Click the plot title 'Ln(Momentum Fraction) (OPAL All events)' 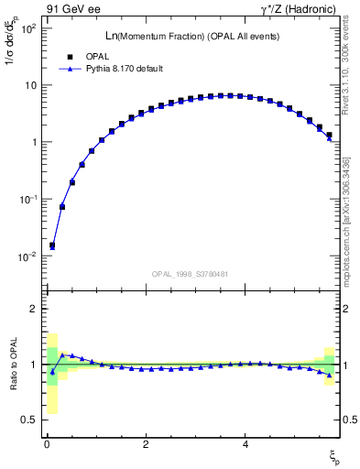(x=191, y=36)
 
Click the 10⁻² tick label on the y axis (x=26, y=256)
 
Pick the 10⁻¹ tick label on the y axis (x=26, y=200)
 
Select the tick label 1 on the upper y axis (x=31, y=143)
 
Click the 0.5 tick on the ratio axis (x=27, y=420)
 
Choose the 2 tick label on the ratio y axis (x=31, y=309)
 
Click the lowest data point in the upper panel (x=52, y=245)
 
